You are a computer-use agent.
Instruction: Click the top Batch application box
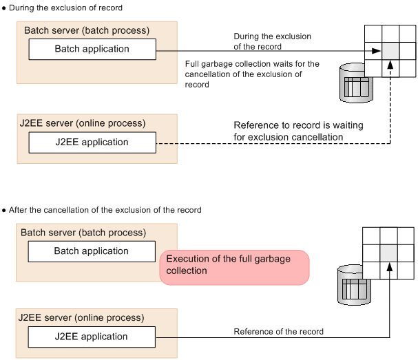tap(92, 50)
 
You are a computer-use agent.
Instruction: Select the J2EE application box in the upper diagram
tap(92, 142)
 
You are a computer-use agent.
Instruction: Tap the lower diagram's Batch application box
tap(92, 251)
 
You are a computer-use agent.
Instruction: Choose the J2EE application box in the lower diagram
tap(92, 337)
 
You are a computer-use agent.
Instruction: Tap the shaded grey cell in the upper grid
tap(390, 50)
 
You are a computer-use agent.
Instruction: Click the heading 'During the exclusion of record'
tap(66, 8)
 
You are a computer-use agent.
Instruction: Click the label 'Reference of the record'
tap(278, 332)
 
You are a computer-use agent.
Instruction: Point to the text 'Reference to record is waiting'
tap(298, 126)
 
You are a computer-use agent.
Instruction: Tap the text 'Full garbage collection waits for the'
tap(252, 64)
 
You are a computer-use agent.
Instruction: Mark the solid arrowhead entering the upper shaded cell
tap(376, 50)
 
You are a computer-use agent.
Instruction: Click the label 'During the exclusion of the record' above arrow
tap(273, 41)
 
